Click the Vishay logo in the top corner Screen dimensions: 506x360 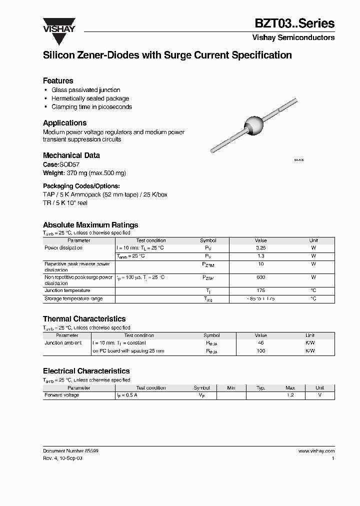58,25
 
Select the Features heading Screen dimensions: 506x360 58,80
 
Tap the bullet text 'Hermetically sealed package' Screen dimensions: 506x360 90,98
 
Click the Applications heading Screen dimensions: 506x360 64,122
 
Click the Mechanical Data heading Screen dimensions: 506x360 71,155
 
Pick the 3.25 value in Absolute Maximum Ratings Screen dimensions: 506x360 260,248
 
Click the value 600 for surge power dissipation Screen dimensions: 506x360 260,277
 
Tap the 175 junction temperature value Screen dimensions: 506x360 260,290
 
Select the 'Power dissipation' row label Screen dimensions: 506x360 63,248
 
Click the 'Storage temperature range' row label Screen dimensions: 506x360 73,298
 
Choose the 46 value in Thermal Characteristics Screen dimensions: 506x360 260,343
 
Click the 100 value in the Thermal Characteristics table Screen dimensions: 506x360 260,351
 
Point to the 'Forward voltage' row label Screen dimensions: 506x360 62,395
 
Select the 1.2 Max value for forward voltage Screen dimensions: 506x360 290,395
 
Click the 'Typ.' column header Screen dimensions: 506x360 260,387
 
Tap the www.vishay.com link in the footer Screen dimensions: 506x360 316,450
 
